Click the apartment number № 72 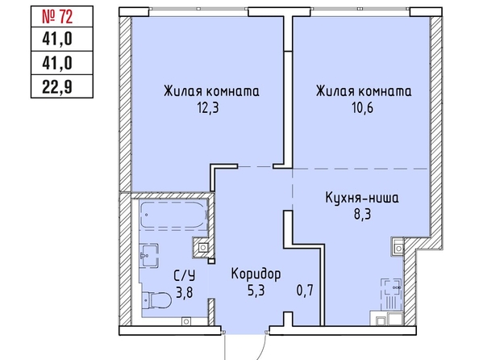click(x=57, y=16)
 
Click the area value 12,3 click(x=208, y=108)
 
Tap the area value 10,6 click(x=363, y=108)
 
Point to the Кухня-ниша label click(x=362, y=198)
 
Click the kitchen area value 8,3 click(x=362, y=214)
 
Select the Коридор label click(x=256, y=274)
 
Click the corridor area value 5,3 click(x=256, y=291)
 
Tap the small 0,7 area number click(x=305, y=291)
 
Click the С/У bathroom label click(x=185, y=276)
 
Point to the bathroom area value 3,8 click(x=185, y=293)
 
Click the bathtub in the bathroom click(x=173, y=215)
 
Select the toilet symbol click(x=156, y=300)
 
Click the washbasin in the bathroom click(x=149, y=256)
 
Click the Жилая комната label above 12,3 click(x=211, y=91)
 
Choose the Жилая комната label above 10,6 click(x=364, y=91)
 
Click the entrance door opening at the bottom click(x=245, y=331)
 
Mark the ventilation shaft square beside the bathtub click(x=202, y=247)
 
